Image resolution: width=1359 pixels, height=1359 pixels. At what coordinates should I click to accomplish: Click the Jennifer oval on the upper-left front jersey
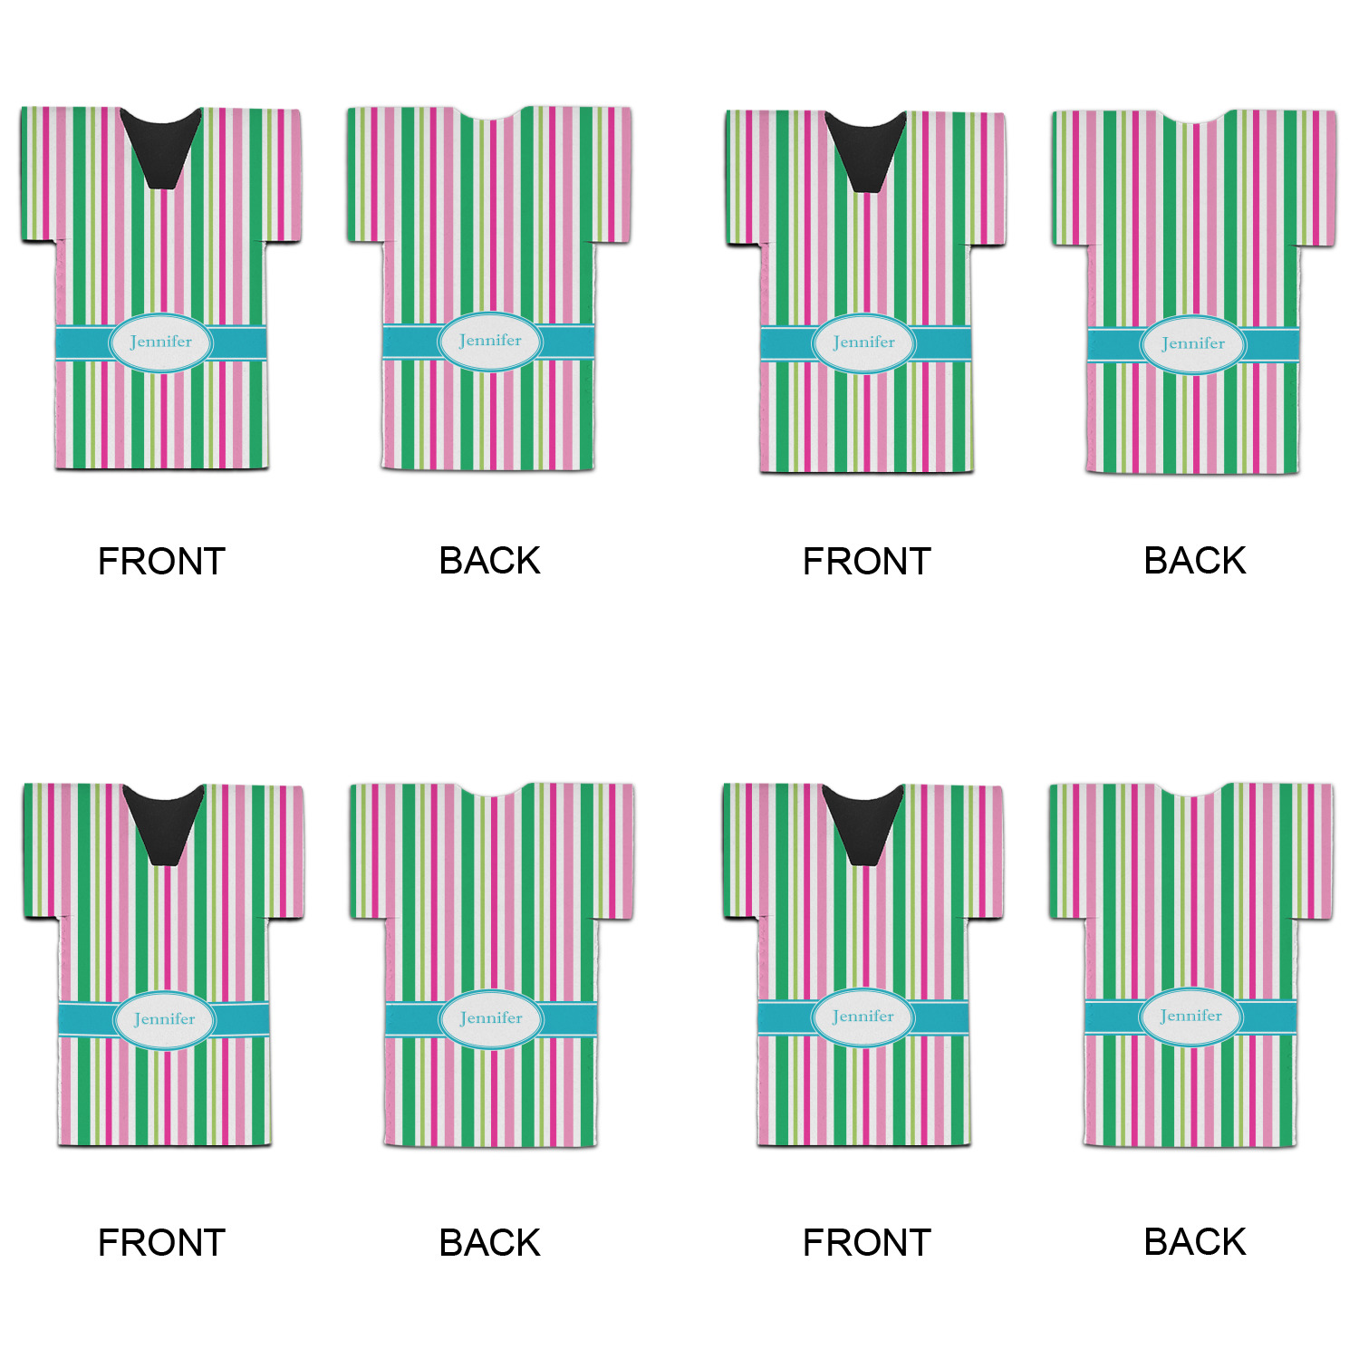click(x=161, y=342)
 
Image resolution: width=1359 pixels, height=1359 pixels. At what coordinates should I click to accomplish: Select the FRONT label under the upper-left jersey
click(x=161, y=562)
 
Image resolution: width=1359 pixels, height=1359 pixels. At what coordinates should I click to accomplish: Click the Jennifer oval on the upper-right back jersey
click(x=1193, y=344)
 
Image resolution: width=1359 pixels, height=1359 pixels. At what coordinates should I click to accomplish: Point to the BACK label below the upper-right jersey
click(x=1194, y=561)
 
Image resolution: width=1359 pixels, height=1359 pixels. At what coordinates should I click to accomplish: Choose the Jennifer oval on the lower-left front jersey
click(x=164, y=1019)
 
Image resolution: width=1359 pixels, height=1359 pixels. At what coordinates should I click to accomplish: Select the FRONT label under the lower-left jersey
click(x=161, y=1243)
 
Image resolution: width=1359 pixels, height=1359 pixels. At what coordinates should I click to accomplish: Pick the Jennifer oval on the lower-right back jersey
click(x=1190, y=1017)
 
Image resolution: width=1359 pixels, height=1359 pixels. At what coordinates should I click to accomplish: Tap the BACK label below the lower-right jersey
click(x=1194, y=1242)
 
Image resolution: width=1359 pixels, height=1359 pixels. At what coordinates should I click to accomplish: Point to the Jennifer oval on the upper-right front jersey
click(x=863, y=342)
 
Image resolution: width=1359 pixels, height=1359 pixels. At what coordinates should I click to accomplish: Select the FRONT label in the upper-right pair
click(x=866, y=562)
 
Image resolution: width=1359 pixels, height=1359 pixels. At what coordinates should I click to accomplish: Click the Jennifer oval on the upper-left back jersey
click(x=490, y=342)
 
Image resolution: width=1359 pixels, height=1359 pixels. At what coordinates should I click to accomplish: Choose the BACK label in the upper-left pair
click(x=489, y=561)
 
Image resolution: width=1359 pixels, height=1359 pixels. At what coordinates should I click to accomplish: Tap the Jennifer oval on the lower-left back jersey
click(x=491, y=1018)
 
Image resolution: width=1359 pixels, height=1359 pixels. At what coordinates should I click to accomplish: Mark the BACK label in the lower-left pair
click(x=489, y=1243)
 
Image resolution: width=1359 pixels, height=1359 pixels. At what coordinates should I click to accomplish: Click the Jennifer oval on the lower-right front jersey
click(x=863, y=1017)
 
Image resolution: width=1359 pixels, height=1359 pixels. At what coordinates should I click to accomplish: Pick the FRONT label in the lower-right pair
click(x=866, y=1243)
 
